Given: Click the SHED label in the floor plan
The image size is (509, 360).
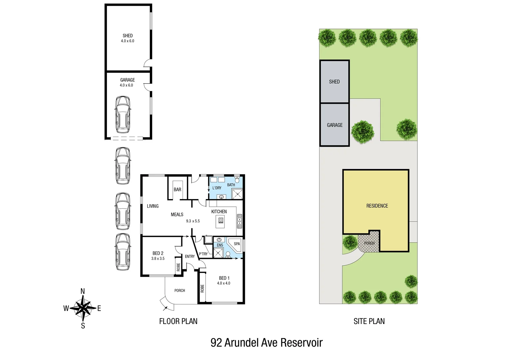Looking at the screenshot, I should pos(128,36).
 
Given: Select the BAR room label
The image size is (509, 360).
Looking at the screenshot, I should pos(177,190).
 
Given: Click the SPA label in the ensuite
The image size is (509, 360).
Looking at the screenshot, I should pos(237,244).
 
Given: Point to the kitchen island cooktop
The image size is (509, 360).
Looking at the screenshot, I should pos(221,220).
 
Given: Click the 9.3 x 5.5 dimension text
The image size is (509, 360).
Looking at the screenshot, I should pos(193,221).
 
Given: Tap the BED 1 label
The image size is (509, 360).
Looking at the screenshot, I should pos(224,278).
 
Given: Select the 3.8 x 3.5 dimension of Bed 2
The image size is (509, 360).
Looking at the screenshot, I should pos(158,259).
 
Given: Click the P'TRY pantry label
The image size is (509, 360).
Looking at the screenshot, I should pos(203,254).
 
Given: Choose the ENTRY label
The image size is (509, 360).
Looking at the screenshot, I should pos(190,256).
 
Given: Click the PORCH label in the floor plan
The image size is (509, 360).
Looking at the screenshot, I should pos(180,291).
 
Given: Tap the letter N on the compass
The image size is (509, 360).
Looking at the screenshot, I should pos(83,291).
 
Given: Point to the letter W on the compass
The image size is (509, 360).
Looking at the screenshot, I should pos(66,308).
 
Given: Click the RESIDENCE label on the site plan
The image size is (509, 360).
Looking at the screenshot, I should pos(377,206).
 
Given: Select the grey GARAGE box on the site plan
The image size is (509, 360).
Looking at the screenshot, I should pos(334,125).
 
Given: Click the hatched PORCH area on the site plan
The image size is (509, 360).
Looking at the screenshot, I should pos(369,243).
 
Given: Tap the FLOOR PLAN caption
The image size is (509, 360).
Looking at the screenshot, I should pos(178,321).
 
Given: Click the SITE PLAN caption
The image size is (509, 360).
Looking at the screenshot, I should pos(369,321).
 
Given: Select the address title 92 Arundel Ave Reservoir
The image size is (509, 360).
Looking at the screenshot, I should pos(266,343).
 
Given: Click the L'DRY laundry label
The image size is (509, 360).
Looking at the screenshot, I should pos(217,188).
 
